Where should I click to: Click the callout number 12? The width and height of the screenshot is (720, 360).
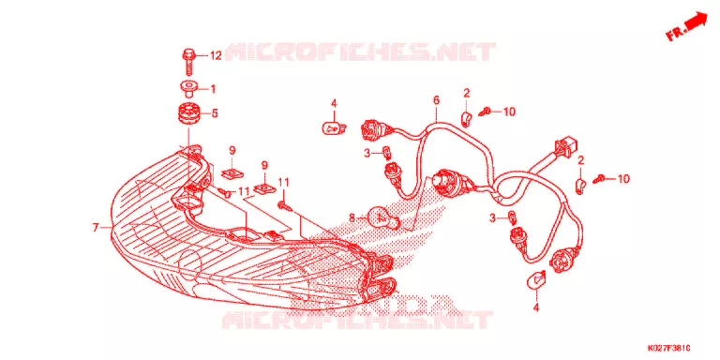pos(216,56)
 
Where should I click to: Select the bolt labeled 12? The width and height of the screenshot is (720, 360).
pos(188,62)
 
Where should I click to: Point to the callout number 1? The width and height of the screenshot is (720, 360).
pos(213,89)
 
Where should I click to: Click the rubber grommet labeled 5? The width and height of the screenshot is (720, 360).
pos(188,113)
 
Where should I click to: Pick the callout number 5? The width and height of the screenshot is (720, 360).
pos(214,113)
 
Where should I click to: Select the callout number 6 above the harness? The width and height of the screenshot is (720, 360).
pos(436,99)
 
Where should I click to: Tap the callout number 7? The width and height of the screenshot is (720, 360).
pos(96,227)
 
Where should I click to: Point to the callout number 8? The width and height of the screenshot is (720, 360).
pos(352,218)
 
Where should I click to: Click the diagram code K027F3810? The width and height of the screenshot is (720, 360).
pos(670,348)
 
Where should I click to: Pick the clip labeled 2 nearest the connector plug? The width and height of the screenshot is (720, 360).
pos(581,186)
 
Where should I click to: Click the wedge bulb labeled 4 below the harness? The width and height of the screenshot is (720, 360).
pos(536,280)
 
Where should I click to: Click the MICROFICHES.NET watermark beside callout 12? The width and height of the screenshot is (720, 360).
pos(360,52)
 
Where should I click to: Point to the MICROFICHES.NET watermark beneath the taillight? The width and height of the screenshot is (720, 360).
pos(357,320)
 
